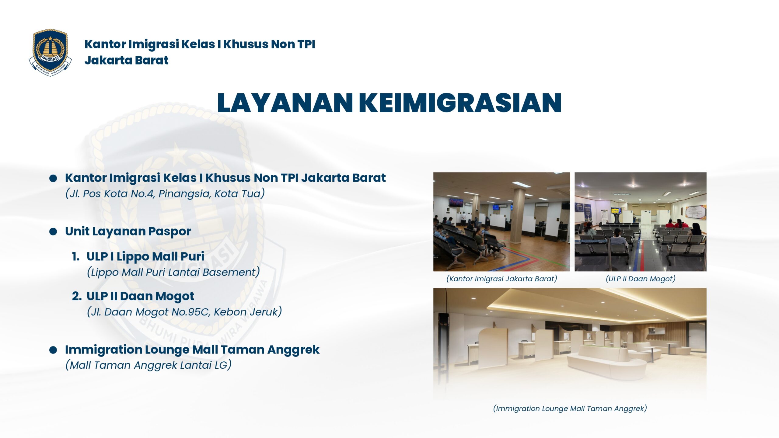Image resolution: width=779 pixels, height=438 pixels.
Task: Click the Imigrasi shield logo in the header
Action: pyautogui.click(x=50, y=52)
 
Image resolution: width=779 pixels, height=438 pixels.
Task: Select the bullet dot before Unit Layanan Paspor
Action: pyautogui.click(x=53, y=232)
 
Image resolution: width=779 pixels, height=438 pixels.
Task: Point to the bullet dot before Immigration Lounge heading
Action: pyautogui.click(x=53, y=350)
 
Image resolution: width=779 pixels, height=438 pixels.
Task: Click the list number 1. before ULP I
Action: pyautogui.click(x=76, y=257)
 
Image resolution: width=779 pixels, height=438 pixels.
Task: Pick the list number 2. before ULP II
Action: pyautogui.click(x=77, y=296)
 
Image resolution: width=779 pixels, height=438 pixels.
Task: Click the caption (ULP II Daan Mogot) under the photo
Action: pyautogui.click(x=641, y=279)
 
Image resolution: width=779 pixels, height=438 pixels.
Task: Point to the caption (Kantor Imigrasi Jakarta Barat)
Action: pyautogui.click(x=501, y=279)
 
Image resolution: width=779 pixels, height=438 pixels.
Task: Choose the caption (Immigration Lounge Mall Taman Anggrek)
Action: pyautogui.click(x=570, y=408)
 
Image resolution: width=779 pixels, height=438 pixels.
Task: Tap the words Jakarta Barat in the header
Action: pyautogui.click(x=126, y=60)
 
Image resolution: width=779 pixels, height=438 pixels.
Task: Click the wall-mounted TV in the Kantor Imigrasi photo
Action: pyautogui.click(x=456, y=202)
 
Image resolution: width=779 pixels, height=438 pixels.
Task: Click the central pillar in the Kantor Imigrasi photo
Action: pyautogui.click(x=517, y=216)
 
